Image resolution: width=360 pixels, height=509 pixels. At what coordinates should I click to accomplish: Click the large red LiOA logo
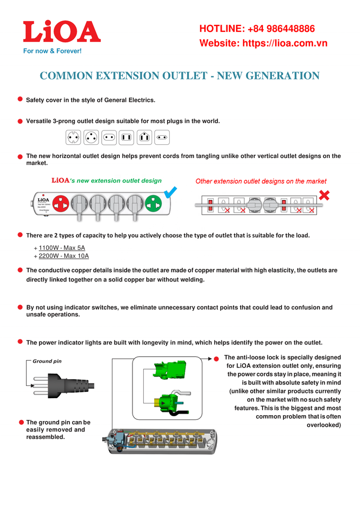[61, 32]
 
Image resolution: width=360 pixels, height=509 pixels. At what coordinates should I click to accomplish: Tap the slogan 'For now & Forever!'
[52, 51]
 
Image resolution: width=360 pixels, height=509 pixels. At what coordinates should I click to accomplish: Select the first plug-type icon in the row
[73, 137]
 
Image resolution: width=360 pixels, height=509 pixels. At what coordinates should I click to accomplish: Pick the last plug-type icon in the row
[162, 137]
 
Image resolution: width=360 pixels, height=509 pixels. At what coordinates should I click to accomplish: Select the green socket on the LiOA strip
[153, 203]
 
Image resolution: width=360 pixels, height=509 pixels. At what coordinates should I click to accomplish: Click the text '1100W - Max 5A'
[62, 248]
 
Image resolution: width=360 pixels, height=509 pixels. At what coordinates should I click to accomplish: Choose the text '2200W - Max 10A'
[64, 256]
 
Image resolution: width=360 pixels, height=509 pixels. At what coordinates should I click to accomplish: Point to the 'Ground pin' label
[47, 361]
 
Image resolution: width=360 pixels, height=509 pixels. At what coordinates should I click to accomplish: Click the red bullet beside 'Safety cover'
[20, 99]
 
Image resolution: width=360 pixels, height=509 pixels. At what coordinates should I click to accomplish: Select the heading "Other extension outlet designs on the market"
[261, 181]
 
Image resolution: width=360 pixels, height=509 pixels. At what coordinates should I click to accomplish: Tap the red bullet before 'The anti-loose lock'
[216, 358]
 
